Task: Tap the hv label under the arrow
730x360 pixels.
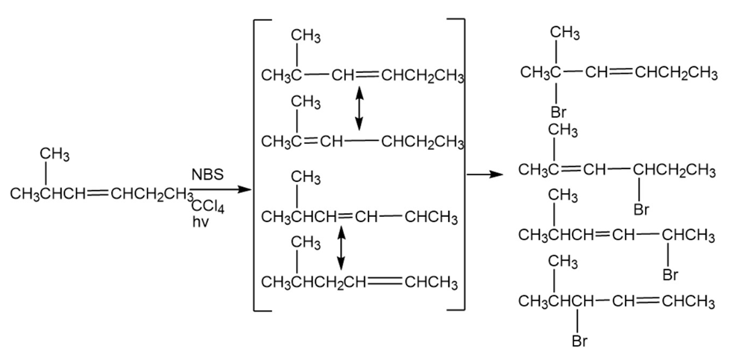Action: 199,221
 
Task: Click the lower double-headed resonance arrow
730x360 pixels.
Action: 342,247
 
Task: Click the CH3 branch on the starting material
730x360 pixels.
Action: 54,154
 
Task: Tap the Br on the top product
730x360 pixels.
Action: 558,113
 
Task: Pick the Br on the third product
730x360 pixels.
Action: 670,276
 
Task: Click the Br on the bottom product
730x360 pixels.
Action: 580,342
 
